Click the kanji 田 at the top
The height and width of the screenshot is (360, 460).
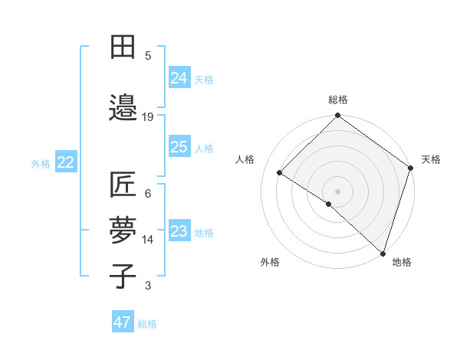[x=123, y=48]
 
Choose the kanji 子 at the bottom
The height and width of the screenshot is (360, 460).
[x=123, y=277]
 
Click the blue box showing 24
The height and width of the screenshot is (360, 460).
[x=179, y=77]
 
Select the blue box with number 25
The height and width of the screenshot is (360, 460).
[x=179, y=147]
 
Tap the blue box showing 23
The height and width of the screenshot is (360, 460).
[x=179, y=231]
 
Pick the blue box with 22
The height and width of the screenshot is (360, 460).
[x=66, y=162]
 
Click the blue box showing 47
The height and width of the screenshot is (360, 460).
[x=123, y=322]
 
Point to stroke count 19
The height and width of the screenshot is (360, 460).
[x=148, y=116]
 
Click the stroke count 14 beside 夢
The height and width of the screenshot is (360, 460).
[x=148, y=239]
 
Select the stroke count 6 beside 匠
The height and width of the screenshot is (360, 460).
[x=148, y=193]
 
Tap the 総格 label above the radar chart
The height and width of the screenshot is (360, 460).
[x=338, y=100]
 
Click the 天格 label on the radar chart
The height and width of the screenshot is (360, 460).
[x=431, y=159]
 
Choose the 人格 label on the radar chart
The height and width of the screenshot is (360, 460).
[x=245, y=159]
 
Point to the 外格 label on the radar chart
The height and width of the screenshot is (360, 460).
[x=270, y=262]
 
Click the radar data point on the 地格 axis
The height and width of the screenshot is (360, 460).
[x=382, y=253]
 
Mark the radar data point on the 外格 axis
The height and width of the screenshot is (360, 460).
[x=329, y=204]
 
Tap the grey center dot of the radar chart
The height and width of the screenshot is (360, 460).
[x=337, y=191]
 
